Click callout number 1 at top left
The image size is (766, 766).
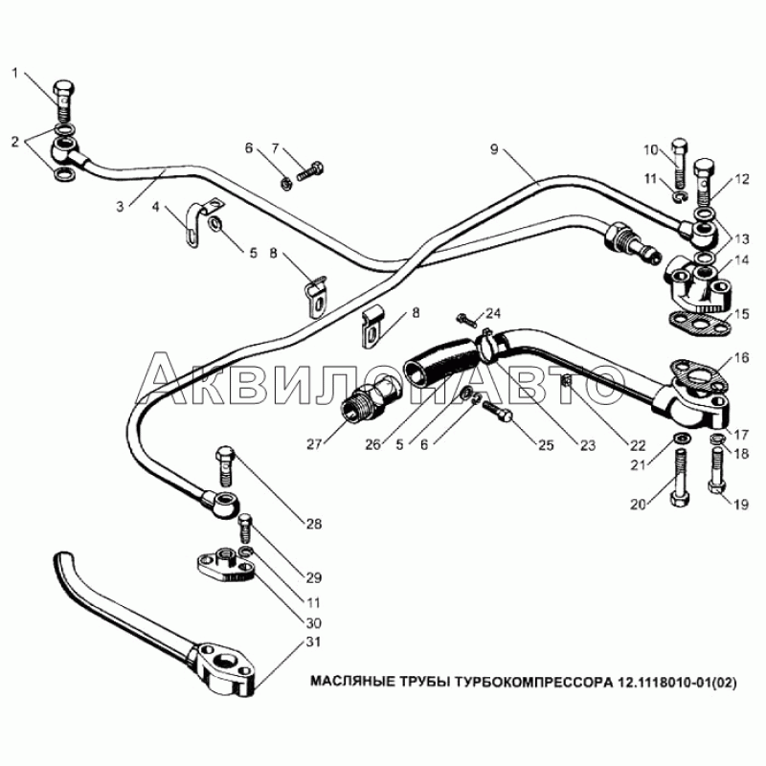click(x=15, y=74)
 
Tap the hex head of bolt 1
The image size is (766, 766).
click(x=63, y=88)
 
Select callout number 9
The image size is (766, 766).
click(x=494, y=149)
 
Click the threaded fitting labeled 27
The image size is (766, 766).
click(x=370, y=402)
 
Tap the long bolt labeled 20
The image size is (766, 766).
click(x=680, y=477)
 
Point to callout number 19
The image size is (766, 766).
click(x=741, y=504)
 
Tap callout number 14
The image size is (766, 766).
click(x=741, y=259)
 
